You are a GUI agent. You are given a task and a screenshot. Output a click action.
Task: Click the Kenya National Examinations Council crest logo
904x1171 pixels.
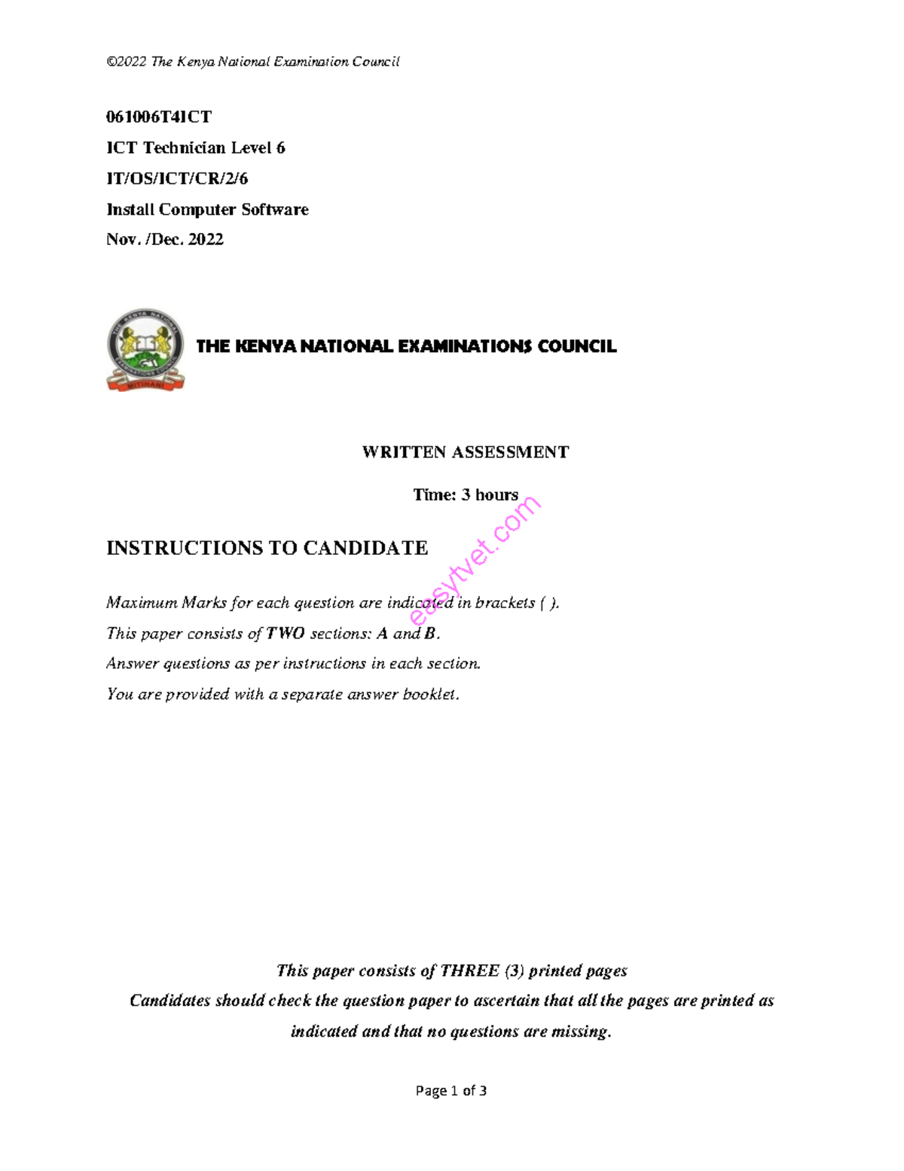[145, 350]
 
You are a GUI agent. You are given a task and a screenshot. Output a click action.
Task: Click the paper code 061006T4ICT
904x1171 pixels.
[159, 117]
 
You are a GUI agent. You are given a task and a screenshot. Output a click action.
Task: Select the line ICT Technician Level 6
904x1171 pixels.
[196, 148]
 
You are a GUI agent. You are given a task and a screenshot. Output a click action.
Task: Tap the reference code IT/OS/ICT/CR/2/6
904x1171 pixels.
[177, 179]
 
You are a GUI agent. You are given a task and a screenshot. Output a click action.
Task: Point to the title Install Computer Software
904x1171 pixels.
[207, 210]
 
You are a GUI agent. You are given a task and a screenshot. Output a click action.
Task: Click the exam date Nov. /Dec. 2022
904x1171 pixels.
[165, 240]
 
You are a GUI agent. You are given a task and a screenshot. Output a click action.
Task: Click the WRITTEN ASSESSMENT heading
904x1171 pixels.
[465, 452]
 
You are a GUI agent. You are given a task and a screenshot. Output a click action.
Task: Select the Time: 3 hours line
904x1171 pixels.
[465, 495]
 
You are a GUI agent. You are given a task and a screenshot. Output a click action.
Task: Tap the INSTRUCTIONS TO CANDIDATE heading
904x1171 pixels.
[267, 548]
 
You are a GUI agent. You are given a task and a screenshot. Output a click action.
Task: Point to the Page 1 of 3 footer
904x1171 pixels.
[451, 1091]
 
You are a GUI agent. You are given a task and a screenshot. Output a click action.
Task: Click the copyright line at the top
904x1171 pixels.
[252, 62]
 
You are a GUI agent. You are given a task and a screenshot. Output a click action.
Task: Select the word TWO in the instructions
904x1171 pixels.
[286, 633]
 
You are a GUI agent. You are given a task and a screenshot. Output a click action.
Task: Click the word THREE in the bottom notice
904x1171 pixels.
[470, 971]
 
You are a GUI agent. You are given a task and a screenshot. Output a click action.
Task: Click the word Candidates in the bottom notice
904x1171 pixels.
[170, 1001]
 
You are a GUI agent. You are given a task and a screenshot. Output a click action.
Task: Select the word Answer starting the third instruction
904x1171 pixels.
[130, 664]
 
